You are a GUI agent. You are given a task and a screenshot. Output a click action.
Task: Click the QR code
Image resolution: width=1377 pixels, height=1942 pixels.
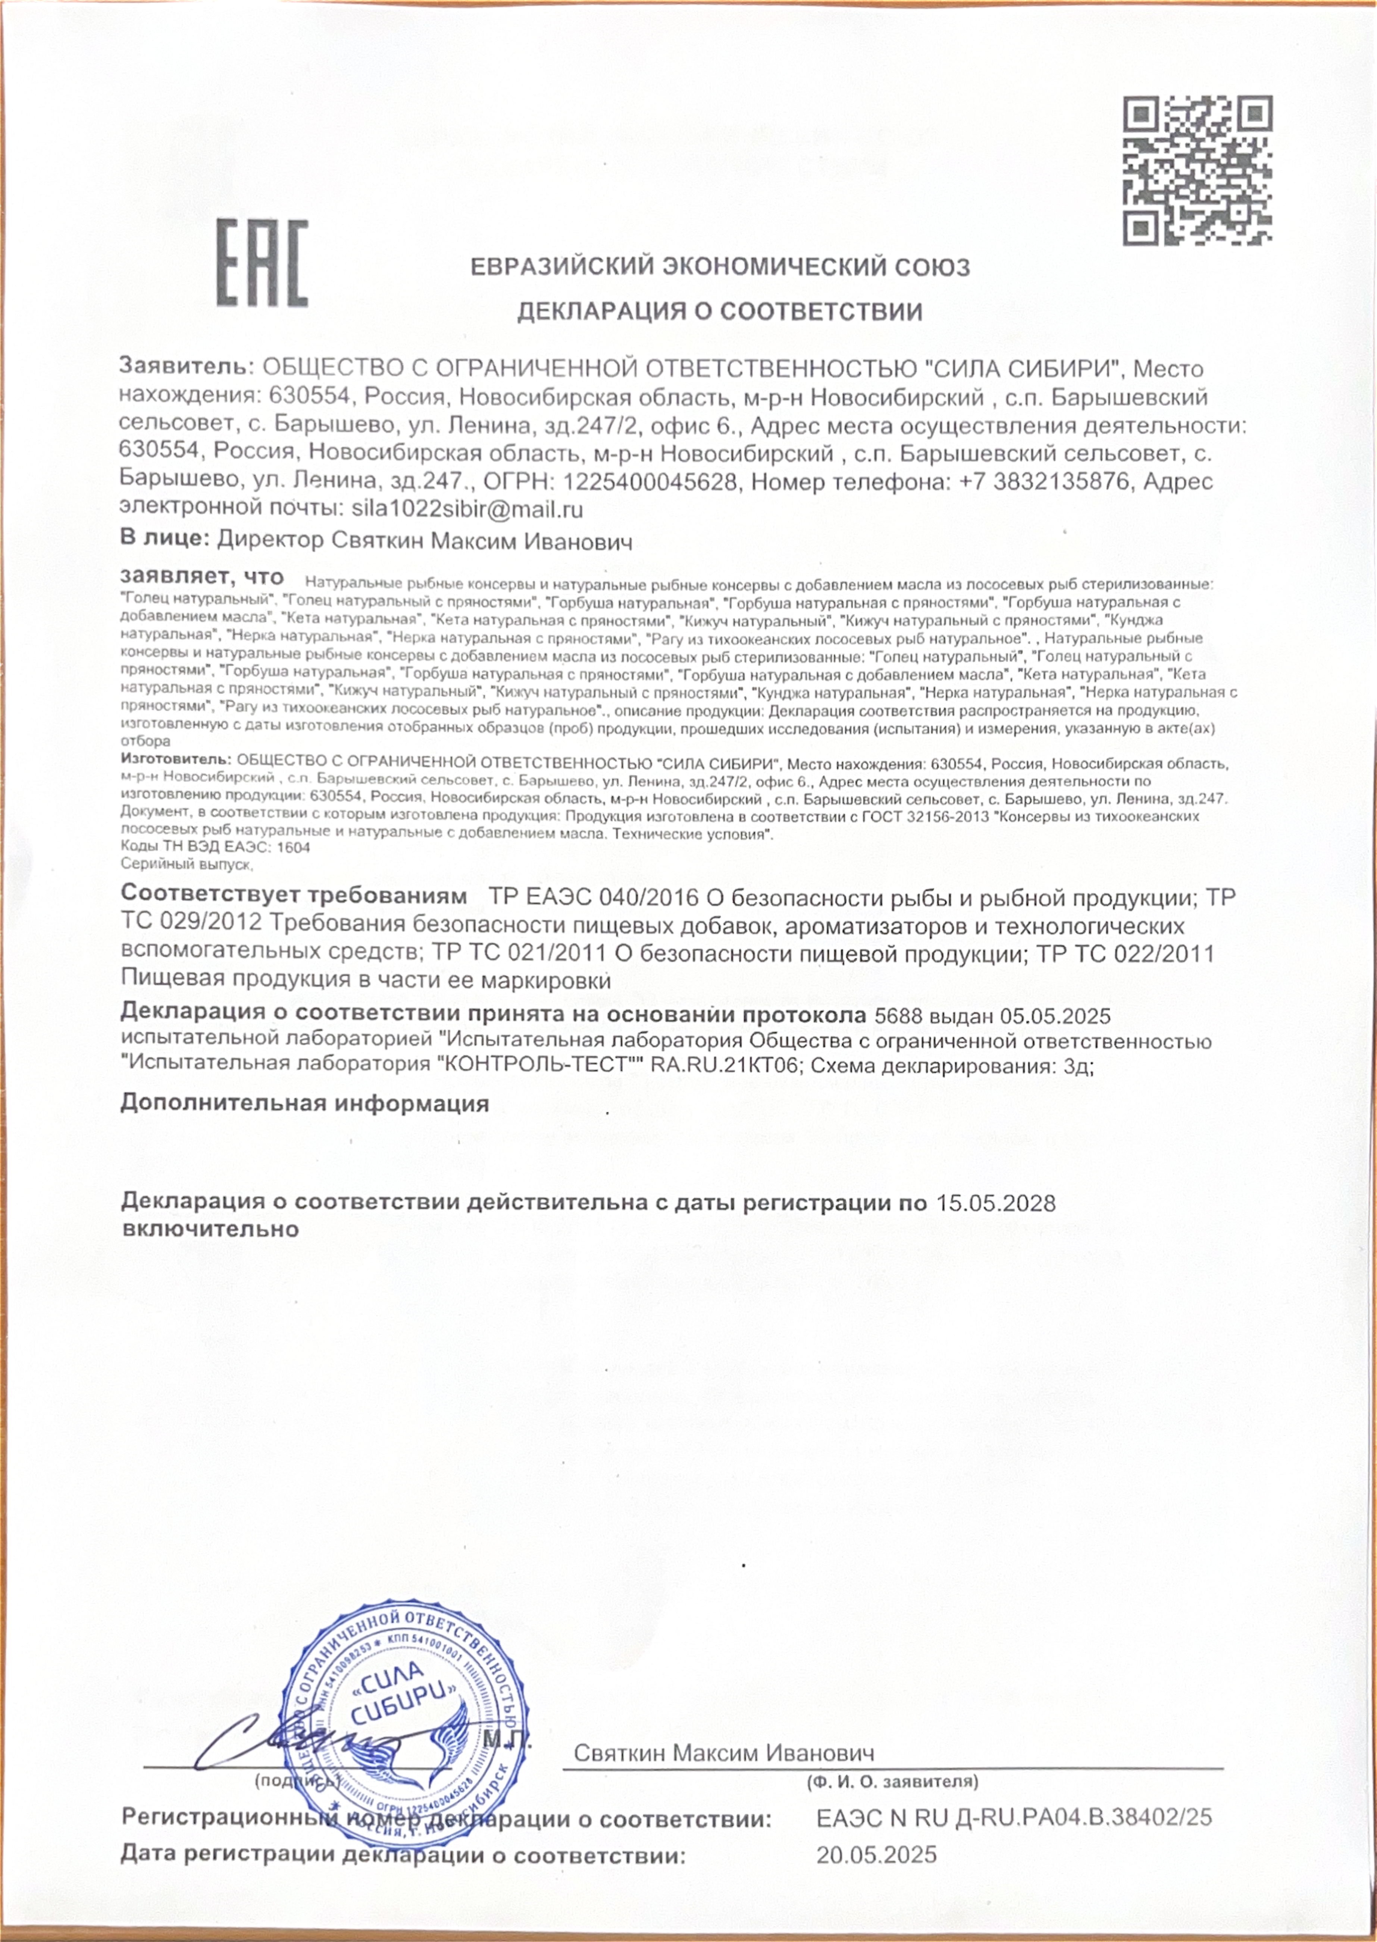(x=1197, y=171)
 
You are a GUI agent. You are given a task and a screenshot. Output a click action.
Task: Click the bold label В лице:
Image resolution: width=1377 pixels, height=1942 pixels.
(x=165, y=538)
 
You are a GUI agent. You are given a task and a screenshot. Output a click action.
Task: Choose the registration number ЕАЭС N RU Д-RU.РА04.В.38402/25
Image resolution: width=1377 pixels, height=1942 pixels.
(x=1014, y=1817)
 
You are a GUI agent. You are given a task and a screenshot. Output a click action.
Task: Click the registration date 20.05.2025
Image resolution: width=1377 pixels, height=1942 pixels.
(x=877, y=1855)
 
